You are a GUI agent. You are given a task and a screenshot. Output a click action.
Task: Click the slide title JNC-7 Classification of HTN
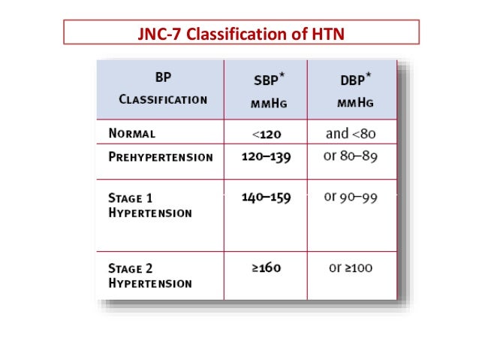pos(239,34)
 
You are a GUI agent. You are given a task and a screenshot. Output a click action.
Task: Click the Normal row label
pos(132,134)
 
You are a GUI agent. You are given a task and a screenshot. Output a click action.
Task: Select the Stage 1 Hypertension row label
pos(150,205)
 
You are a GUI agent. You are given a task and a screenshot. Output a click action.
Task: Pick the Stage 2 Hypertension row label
pos(150,275)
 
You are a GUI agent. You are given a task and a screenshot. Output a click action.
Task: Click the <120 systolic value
pos(266,134)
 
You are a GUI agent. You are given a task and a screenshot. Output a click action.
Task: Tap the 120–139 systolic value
pos(266,158)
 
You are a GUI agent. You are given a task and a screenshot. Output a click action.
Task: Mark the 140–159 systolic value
pos(266,198)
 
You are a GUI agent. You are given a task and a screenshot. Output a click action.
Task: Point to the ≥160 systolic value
pos(266,268)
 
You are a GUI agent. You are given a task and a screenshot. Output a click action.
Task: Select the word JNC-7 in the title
pos(155,34)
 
